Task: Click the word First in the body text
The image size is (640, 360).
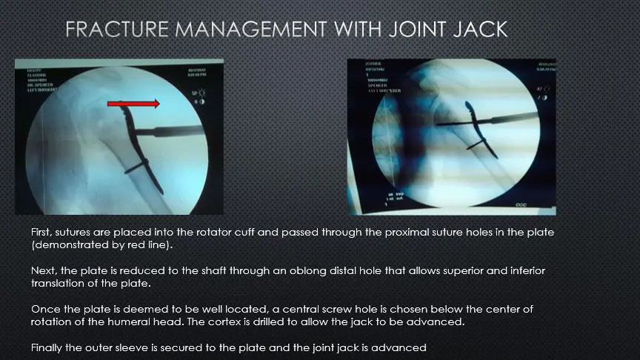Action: click(41, 233)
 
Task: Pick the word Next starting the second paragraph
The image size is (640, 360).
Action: click(43, 271)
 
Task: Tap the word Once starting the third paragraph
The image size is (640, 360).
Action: click(44, 309)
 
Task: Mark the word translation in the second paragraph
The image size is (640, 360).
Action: click(61, 284)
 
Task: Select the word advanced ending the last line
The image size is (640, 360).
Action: click(401, 347)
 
